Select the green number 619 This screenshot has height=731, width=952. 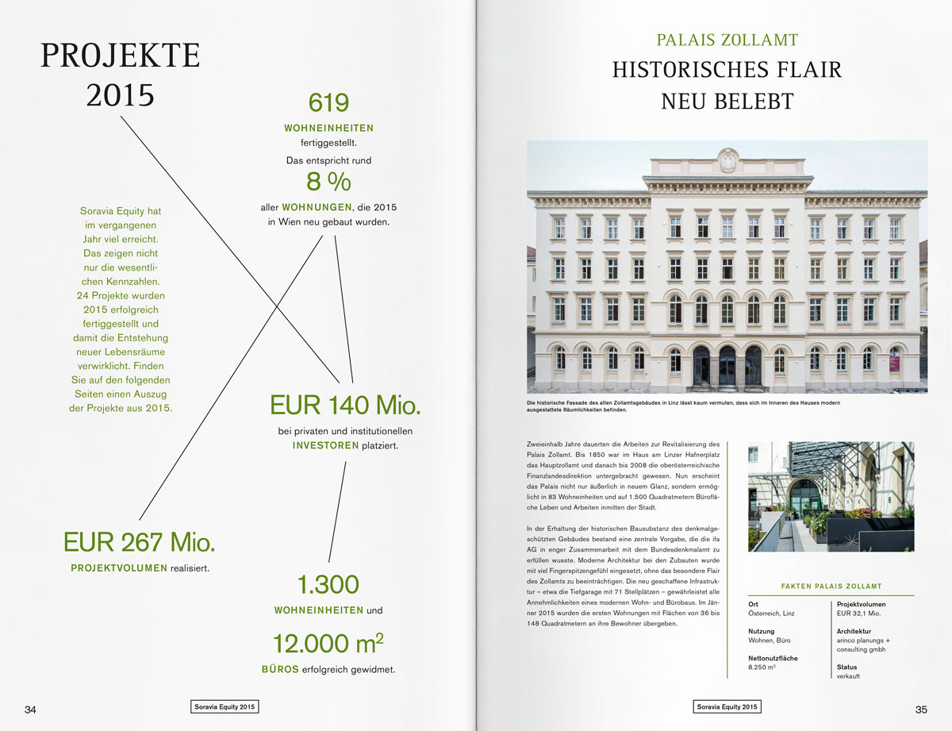click(328, 102)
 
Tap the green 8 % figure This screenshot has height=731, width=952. click(328, 182)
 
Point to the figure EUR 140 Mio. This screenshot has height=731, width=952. click(345, 405)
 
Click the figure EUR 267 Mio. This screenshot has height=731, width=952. click(139, 542)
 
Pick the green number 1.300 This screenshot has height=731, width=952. click(328, 585)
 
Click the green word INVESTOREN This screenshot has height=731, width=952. click(325, 446)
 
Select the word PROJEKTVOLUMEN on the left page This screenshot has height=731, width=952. click(119, 568)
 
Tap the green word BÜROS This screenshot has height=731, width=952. click(280, 669)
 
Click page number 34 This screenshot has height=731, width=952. click(31, 710)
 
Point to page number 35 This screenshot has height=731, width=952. click(921, 710)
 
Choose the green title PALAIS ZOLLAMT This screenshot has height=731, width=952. click(727, 40)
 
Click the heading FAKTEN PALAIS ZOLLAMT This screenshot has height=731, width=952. click(831, 587)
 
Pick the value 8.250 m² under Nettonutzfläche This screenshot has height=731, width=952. click(762, 668)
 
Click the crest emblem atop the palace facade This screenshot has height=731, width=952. click(727, 160)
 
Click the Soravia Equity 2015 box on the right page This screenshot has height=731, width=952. click(727, 706)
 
